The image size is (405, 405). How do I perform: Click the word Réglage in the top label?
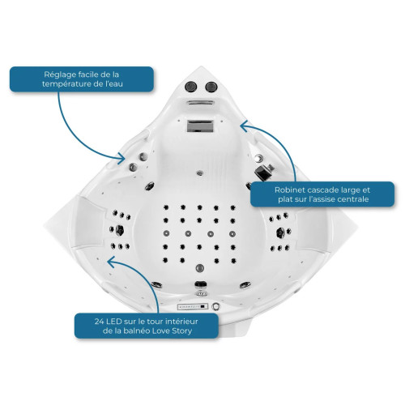click(x=57, y=75)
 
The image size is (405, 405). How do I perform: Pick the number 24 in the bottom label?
click(x=99, y=322)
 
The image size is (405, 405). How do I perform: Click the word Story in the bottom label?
click(x=182, y=330)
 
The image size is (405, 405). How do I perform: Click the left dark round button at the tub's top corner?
click(x=191, y=87)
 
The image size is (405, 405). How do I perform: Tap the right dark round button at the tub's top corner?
click(x=211, y=87)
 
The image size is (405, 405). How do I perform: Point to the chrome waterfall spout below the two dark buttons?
click(x=201, y=103)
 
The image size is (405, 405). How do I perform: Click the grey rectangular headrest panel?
click(x=200, y=126)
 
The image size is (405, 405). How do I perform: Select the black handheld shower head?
click(x=263, y=171)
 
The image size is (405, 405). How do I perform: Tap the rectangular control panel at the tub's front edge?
click(x=193, y=306)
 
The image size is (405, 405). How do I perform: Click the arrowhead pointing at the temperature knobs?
click(x=121, y=158)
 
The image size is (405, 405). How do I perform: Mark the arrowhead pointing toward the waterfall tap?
click(x=245, y=126)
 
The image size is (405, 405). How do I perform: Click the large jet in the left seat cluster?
click(x=120, y=230)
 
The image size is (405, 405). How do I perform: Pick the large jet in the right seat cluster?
click(x=280, y=232)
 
